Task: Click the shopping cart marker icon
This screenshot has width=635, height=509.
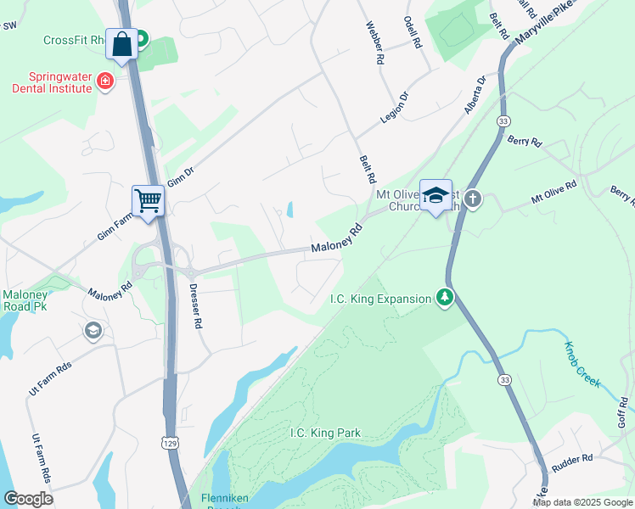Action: (x=148, y=201)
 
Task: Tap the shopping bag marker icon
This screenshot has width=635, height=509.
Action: (x=122, y=44)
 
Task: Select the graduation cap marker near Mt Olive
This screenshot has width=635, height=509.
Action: (x=436, y=195)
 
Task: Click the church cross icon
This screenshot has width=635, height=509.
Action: (x=473, y=199)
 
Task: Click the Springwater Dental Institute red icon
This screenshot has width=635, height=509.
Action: (x=104, y=81)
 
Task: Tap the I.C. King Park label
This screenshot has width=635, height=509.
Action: (x=325, y=433)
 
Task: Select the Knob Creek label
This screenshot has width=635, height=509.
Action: (x=583, y=365)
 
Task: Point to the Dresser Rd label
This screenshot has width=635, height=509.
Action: (x=197, y=306)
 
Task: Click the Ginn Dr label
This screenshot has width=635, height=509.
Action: (x=181, y=176)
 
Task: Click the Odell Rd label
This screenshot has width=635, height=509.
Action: (x=413, y=34)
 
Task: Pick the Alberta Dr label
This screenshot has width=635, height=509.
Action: (x=475, y=95)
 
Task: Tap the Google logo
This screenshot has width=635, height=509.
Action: (x=28, y=498)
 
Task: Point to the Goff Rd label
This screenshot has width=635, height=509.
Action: (x=624, y=411)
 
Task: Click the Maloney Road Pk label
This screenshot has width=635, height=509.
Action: (x=25, y=301)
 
